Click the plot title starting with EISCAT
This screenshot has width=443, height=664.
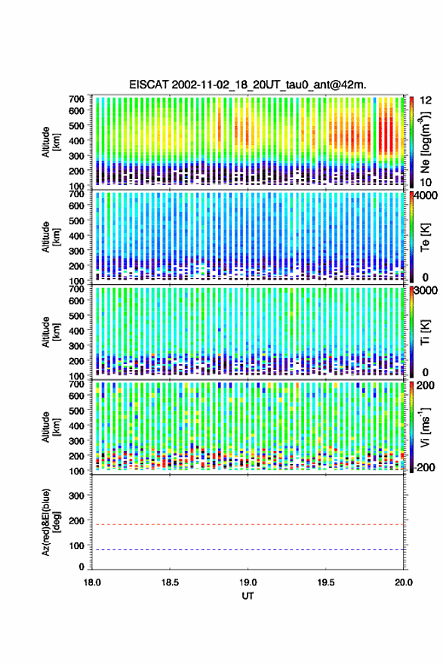[x=248, y=85]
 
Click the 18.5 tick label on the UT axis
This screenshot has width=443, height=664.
[x=170, y=582]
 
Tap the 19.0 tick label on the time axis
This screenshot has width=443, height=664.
[x=248, y=582]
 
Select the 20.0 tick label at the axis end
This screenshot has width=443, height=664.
[x=404, y=582]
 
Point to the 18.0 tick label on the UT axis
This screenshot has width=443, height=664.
[x=92, y=582]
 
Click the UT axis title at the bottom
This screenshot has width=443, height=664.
[x=248, y=596]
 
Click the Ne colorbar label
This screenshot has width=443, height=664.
[x=425, y=142]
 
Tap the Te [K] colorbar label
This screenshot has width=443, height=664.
[x=425, y=237]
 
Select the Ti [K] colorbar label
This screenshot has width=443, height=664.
[x=425, y=332]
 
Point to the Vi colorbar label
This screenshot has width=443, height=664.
[x=425, y=427]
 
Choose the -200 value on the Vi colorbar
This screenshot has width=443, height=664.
[x=424, y=467]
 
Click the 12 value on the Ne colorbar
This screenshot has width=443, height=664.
[x=426, y=100]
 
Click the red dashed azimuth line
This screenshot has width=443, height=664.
[x=248, y=524]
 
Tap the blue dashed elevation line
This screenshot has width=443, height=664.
[x=248, y=550]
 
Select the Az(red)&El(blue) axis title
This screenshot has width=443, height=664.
[x=51, y=522]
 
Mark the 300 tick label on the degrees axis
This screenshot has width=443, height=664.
[x=76, y=496]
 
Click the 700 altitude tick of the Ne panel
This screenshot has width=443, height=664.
[x=76, y=99]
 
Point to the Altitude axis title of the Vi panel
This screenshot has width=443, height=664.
[x=51, y=427]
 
